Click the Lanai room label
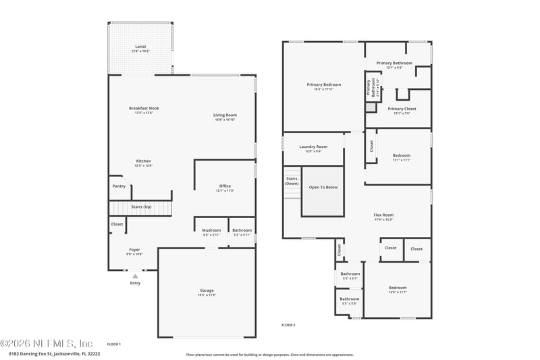click(x=140, y=47)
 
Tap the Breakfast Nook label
click(x=144, y=108)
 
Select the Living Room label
click(x=225, y=115)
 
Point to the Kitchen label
click(x=143, y=161)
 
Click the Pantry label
click(x=118, y=186)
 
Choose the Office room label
click(x=225, y=186)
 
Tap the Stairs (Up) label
click(x=141, y=206)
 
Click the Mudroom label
click(x=211, y=230)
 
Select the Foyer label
click(x=134, y=249)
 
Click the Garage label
click(x=207, y=290)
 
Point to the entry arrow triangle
click(x=135, y=276)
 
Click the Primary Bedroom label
click(x=323, y=85)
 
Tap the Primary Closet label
click(x=402, y=109)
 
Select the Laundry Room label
click(x=313, y=147)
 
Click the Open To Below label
click(x=323, y=187)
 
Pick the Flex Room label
click(x=383, y=215)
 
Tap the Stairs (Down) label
click(x=292, y=181)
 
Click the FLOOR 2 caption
click(x=288, y=325)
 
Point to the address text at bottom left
click(x=54, y=353)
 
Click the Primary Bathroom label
click(x=394, y=63)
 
